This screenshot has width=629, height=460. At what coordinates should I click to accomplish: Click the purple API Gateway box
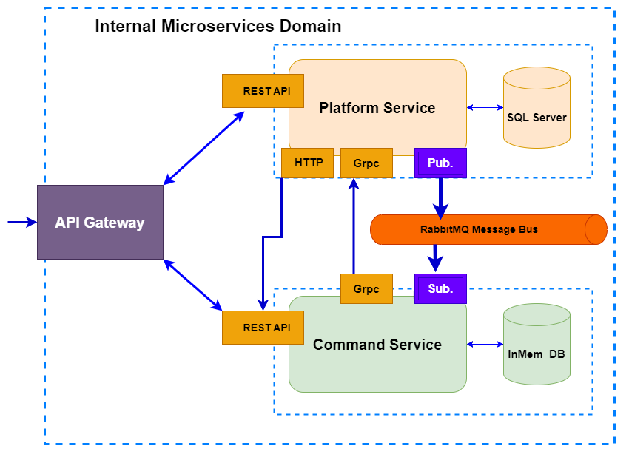click(100, 222)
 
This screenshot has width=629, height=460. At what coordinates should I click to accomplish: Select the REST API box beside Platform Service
click(263, 91)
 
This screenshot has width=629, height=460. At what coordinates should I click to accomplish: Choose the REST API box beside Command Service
click(263, 328)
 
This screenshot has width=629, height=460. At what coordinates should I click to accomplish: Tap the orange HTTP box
click(308, 163)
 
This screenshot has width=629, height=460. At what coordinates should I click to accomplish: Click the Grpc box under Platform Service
click(366, 163)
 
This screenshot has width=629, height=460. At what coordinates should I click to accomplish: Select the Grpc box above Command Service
click(366, 288)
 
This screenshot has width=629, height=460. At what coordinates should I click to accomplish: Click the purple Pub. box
click(440, 163)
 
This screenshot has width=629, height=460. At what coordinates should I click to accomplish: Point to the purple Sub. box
click(440, 288)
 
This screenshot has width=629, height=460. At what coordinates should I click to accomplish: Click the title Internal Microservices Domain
click(218, 27)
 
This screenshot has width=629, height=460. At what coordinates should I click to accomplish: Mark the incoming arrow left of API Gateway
click(21, 222)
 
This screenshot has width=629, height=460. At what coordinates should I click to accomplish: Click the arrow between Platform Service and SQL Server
click(485, 108)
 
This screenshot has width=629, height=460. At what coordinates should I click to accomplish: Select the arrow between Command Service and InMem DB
click(485, 344)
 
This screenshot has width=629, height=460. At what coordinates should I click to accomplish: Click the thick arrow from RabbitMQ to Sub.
click(436, 259)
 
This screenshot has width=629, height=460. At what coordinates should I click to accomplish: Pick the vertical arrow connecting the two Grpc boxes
click(353, 226)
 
